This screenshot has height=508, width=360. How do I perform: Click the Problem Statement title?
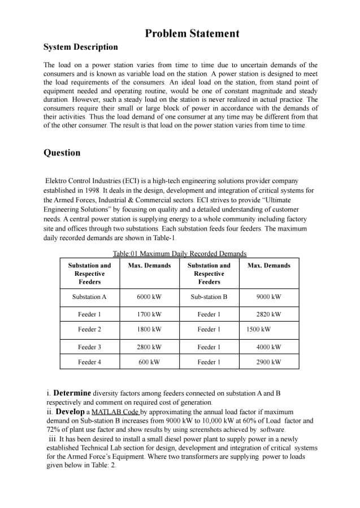click(x=192, y=34)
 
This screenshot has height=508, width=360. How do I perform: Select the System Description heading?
click(x=81, y=47)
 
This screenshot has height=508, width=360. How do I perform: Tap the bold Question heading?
click(x=62, y=153)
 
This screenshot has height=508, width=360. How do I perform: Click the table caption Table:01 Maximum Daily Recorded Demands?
click(x=180, y=254)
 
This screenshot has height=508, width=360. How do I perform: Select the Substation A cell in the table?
click(x=89, y=297)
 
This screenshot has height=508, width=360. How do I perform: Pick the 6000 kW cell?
click(x=149, y=297)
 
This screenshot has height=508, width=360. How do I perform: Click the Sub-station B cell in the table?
click(x=209, y=297)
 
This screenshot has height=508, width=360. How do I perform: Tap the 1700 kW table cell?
click(x=149, y=314)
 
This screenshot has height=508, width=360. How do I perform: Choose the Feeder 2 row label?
click(x=89, y=329)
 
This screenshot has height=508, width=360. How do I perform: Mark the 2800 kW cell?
click(x=149, y=347)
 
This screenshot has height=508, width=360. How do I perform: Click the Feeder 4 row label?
click(x=89, y=362)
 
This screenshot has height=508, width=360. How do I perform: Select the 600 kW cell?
click(x=149, y=362)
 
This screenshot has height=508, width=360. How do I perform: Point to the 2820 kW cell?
click(x=268, y=314)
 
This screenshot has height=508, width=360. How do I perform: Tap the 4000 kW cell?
click(x=268, y=347)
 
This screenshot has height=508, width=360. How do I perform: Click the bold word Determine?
click(x=72, y=393)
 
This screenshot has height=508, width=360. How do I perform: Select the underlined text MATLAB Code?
click(x=115, y=412)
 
